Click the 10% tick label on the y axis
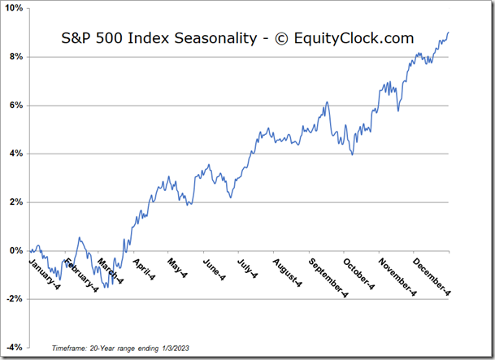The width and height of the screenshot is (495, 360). pos(15,8)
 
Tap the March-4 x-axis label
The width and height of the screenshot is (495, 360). pos(111,269)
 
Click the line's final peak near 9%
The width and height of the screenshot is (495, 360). pos(448,33)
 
